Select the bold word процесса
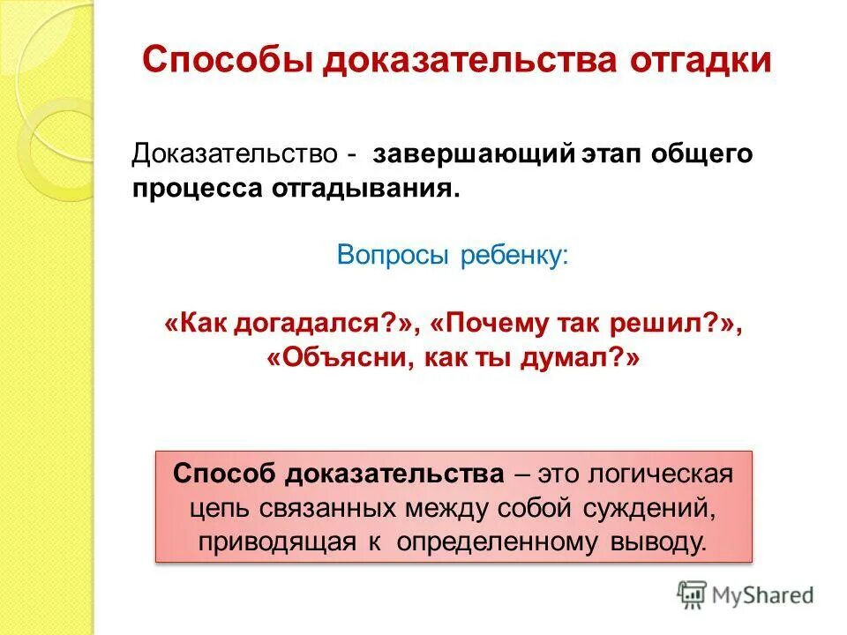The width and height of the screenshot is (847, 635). (x=190, y=189)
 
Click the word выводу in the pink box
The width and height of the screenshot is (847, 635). (x=659, y=541)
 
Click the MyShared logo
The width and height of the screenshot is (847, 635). (x=746, y=594)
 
